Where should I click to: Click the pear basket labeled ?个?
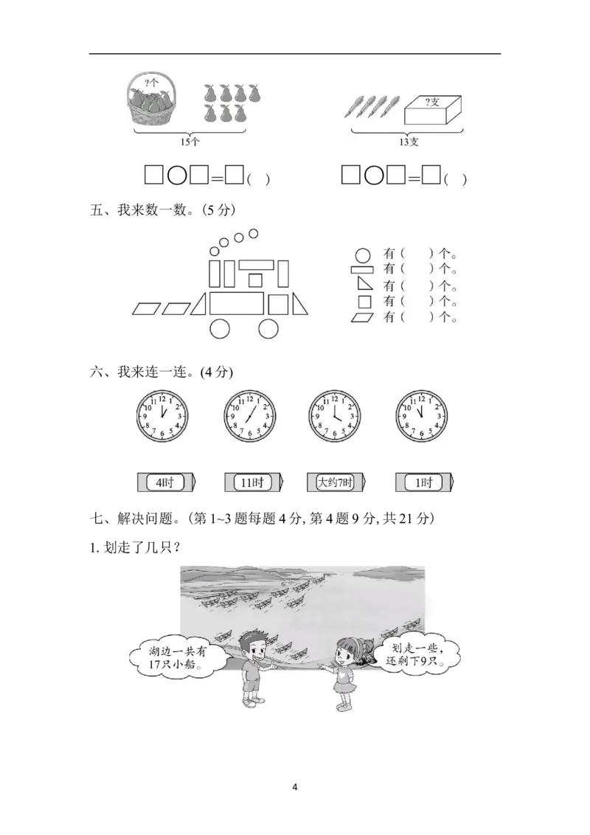point(152,100)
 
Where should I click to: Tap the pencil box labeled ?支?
point(433,110)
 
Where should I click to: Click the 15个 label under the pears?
point(190,142)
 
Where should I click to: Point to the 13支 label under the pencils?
point(409,142)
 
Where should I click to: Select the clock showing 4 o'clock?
point(334,416)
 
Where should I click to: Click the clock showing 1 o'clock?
point(162,416)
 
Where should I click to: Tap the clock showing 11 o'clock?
point(421,416)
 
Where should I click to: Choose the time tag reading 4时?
point(166,482)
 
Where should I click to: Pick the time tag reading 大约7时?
point(336,482)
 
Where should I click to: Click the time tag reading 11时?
point(254,482)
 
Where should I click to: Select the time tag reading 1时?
point(424,482)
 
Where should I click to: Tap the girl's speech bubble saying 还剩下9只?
point(417,654)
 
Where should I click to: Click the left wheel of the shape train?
point(219,329)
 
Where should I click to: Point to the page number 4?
point(295,787)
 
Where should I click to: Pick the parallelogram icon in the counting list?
point(362,317)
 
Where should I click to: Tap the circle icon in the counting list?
point(363,256)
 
